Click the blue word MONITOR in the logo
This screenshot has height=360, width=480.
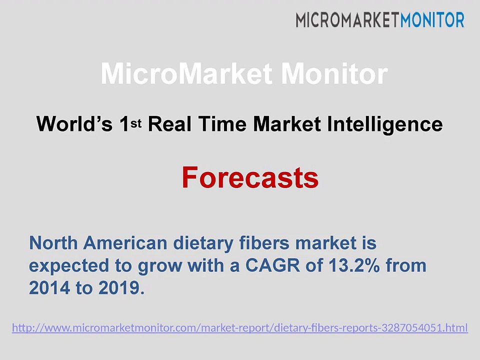tap(432, 20)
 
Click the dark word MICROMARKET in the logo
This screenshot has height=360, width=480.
tap(348, 20)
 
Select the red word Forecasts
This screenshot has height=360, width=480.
tap(250, 177)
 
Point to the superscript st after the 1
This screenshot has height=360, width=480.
tap(136, 123)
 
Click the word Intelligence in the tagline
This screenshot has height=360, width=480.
tap(385, 124)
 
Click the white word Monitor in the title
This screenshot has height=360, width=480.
tap(334, 74)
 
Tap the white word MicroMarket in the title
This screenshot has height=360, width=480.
tap(186, 74)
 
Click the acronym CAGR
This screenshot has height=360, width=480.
tap(273, 265)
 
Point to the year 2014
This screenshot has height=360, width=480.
tap(49, 288)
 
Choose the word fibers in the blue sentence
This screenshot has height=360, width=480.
tap(264, 243)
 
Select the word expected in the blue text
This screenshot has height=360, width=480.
tap(69, 266)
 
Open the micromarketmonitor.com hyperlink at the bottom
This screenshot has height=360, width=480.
tap(240, 328)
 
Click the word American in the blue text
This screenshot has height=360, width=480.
tap(125, 243)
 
